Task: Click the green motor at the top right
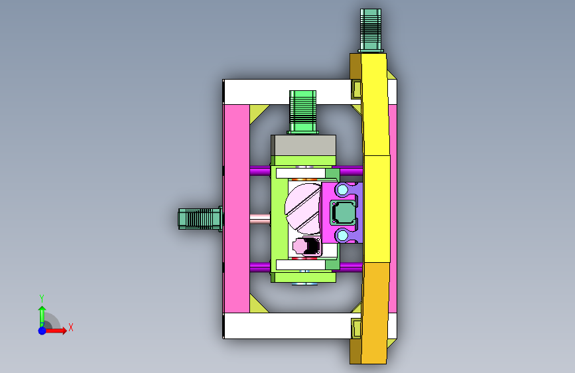click(371, 31)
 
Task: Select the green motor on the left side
click(200, 219)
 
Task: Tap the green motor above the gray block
click(302, 112)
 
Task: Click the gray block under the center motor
click(304, 145)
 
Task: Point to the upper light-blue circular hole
click(342, 190)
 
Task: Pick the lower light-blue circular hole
click(342, 235)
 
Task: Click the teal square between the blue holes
click(344, 212)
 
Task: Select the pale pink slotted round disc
click(303, 209)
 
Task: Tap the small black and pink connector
click(306, 246)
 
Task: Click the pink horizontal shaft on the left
click(260, 219)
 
